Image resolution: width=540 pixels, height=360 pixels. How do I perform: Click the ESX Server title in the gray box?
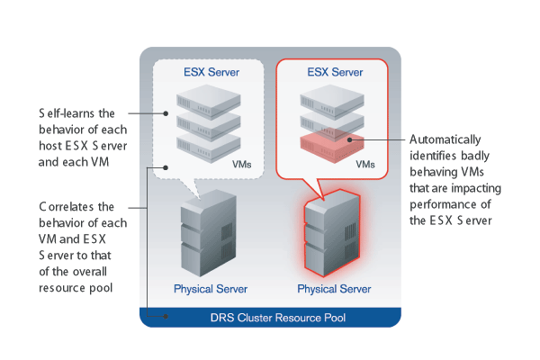(x=208, y=73)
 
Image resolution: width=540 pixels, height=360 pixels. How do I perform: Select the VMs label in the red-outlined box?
(x=364, y=165)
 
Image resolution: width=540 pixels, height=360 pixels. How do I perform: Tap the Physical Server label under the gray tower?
(x=211, y=289)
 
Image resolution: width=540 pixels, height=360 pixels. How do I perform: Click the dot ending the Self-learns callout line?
(x=168, y=114)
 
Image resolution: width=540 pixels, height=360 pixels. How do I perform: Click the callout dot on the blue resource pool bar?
(x=164, y=317)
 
